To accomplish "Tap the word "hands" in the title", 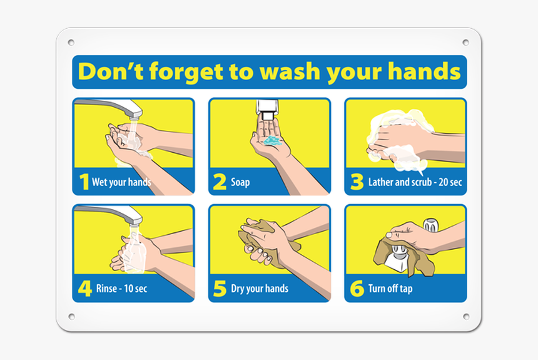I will (424, 71).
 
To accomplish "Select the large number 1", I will (84, 182).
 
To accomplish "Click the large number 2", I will (220, 182).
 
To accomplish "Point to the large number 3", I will (357, 182).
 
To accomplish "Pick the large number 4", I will (84, 289).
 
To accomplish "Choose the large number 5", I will (220, 289).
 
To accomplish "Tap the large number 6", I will (357, 289).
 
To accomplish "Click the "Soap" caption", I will (240, 183).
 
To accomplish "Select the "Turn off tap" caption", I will (390, 289).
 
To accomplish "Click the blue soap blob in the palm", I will (273, 141).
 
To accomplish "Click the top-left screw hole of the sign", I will (71, 43).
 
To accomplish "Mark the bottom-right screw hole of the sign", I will (465, 316).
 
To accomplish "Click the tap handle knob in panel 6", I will (430, 225).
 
